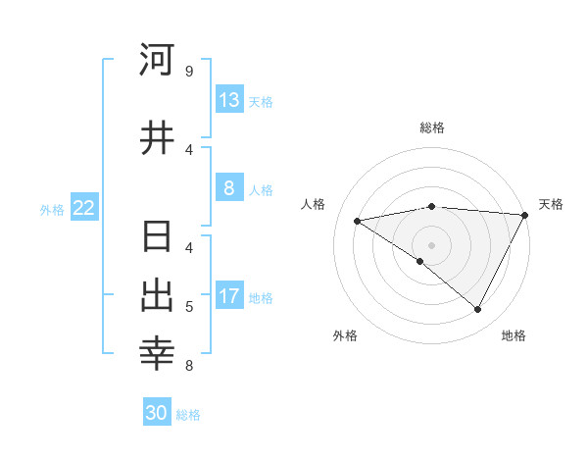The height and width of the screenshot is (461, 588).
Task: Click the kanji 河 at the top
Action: (158, 61)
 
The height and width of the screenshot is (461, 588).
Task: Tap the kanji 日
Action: (158, 237)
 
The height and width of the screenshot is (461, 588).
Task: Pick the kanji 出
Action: (158, 296)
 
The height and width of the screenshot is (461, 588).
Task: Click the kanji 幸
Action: (158, 355)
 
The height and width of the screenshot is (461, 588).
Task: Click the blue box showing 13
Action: (229, 100)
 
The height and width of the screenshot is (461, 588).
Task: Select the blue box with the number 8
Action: (229, 188)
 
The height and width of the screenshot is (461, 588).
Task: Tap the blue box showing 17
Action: (229, 296)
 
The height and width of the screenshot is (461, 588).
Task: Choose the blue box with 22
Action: (84, 208)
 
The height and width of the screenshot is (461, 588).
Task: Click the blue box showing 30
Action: (157, 413)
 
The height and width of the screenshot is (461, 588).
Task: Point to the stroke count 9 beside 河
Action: (188, 72)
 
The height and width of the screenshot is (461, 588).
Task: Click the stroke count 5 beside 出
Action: (188, 307)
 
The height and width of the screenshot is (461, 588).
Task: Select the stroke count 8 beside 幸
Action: (188, 366)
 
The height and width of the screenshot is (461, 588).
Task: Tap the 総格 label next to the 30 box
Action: (189, 415)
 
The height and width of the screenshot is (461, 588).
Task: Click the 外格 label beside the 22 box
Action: (52, 210)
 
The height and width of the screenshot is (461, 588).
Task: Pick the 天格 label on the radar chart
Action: (552, 204)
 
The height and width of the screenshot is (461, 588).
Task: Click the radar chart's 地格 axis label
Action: (514, 335)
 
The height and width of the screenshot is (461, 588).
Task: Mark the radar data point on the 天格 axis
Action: (525, 214)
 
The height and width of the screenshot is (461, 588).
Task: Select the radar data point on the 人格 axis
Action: (358, 221)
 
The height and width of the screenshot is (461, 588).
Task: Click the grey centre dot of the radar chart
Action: (431, 244)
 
